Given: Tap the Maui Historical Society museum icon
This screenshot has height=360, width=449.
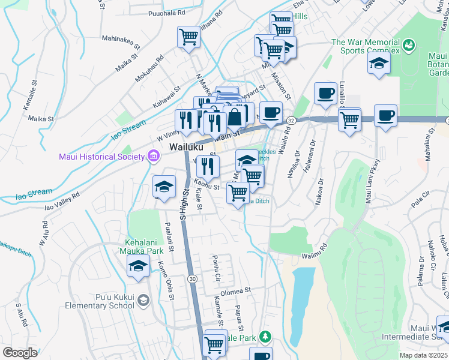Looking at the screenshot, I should [153, 157].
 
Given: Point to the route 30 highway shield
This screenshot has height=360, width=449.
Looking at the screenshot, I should [191, 279].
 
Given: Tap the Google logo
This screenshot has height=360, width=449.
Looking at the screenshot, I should [20, 353].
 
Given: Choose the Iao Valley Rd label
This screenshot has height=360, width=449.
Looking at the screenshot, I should [62, 202].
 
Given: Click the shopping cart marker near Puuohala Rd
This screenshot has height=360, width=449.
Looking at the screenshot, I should [188, 37].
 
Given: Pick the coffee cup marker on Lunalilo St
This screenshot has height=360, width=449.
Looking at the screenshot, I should [325, 93].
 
